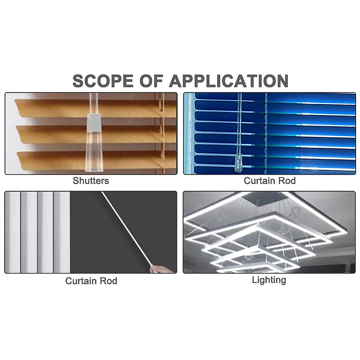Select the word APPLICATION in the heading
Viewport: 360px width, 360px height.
tap(228, 81)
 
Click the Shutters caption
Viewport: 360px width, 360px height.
tap(91, 181)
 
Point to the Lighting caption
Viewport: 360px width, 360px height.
tap(269, 280)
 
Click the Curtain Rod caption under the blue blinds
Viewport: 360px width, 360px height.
tap(269, 181)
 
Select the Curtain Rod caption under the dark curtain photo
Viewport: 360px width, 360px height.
tap(91, 281)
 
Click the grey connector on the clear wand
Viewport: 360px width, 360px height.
tap(94, 123)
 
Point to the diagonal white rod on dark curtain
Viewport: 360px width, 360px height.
tap(126, 228)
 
